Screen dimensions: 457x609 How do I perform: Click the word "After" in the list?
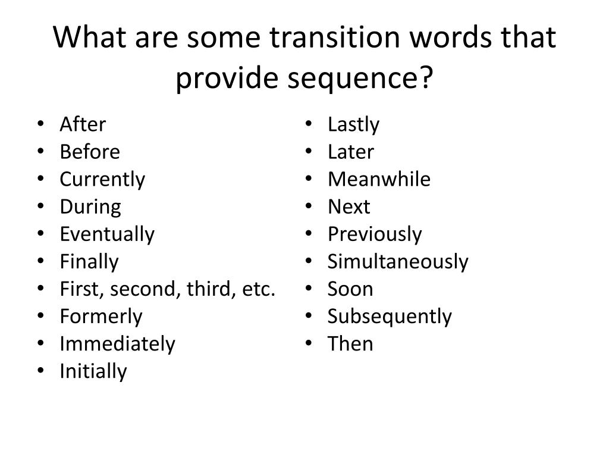83,124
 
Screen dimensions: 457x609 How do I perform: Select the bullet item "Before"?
90,152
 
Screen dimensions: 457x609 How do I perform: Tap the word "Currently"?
102,180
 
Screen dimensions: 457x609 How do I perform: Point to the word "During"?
90,207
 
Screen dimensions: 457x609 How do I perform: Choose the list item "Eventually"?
107,234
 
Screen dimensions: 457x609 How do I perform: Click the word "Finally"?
89,262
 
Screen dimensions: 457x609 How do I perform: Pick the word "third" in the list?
205,289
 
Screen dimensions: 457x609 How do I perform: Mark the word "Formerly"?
101,317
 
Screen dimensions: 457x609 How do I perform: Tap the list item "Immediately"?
117,344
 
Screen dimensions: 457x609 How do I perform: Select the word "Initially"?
93,371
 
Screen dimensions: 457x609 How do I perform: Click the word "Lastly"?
353,124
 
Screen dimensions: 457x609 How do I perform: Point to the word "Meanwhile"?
379,180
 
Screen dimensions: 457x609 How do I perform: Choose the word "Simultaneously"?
398,262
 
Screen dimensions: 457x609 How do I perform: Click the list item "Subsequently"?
390,317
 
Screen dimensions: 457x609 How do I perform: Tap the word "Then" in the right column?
350,344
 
